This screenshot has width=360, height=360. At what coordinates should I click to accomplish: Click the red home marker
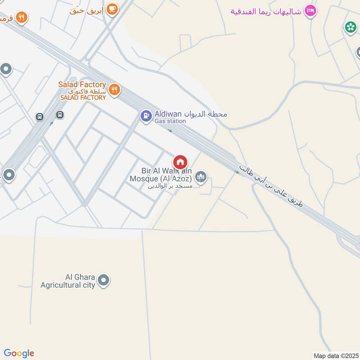[x=180, y=162]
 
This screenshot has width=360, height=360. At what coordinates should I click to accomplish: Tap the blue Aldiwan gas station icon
[x=146, y=117]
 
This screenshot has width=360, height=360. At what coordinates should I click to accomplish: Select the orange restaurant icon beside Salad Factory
[x=114, y=89]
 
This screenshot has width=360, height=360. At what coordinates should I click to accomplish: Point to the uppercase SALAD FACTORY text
[x=84, y=98]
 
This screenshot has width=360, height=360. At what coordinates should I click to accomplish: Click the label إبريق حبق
[x=87, y=10]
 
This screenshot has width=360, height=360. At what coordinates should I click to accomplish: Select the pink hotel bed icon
[x=310, y=10]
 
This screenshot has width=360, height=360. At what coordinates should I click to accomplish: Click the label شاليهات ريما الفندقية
[x=266, y=10]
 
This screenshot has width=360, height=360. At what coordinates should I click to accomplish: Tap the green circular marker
[x=350, y=27]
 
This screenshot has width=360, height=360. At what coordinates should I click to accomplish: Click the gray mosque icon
[x=201, y=177]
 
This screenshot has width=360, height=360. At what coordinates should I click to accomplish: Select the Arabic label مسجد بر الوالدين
[x=170, y=186]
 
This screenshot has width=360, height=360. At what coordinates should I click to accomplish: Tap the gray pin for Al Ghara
[x=104, y=281]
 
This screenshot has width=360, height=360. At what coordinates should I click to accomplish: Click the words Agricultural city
[x=68, y=285]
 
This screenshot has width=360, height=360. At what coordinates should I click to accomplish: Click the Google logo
[x=19, y=353]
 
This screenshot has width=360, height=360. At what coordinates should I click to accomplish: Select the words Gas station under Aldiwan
[x=170, y=121]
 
